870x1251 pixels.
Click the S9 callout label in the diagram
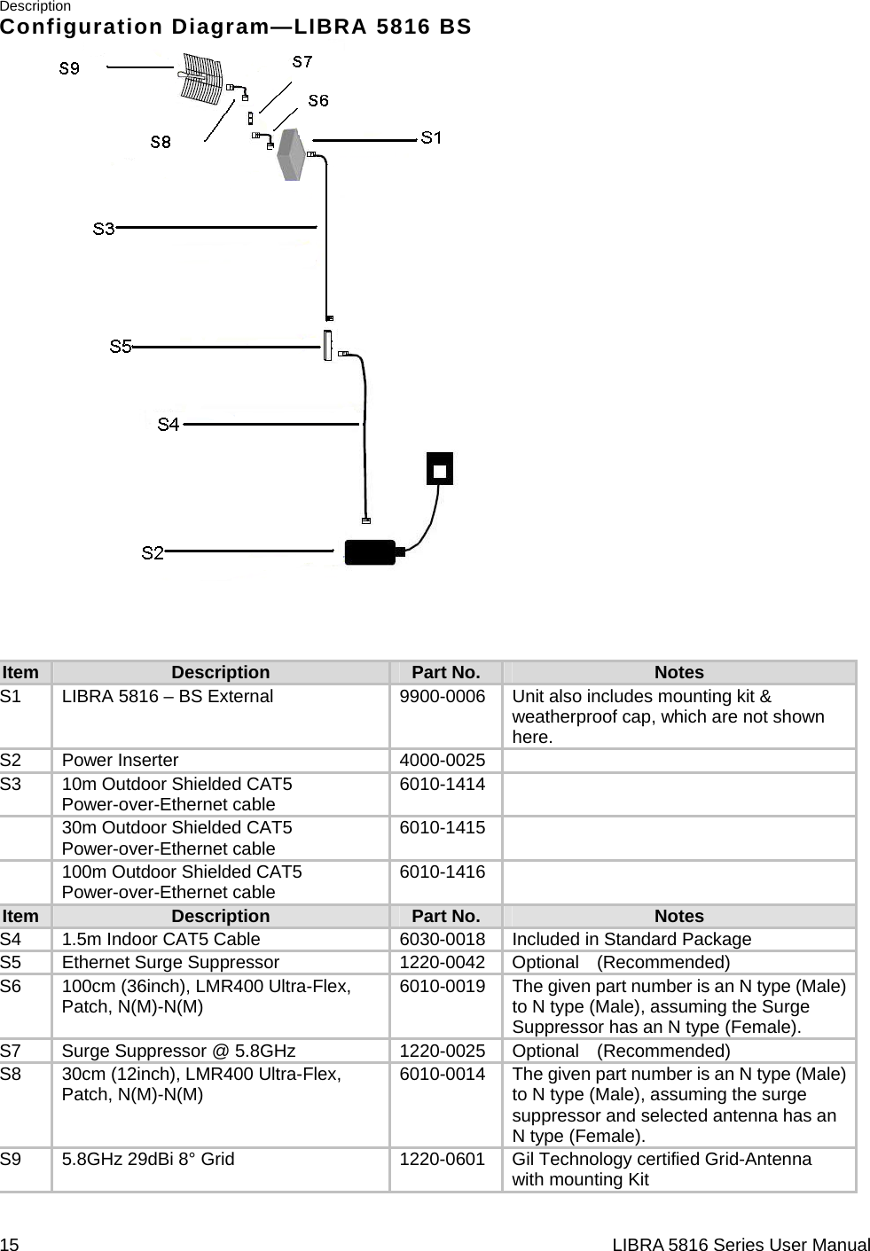coord(69,67)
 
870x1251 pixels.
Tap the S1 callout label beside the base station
coord(431,137)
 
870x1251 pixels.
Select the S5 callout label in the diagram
coord(121,347)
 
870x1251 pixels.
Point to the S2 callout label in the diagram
coord(153,553)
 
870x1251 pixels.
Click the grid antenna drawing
coord(200,81)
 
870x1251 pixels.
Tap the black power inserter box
coord(370,551)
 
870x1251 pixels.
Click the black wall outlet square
coord(440,468)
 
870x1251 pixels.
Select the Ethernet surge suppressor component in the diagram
coord(328,346)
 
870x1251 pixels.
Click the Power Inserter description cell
coord(120,761)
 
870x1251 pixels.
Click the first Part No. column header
coord(446,673)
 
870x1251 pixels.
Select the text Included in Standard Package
coord(631,940)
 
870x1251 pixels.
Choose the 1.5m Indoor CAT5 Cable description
coord(161,940)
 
